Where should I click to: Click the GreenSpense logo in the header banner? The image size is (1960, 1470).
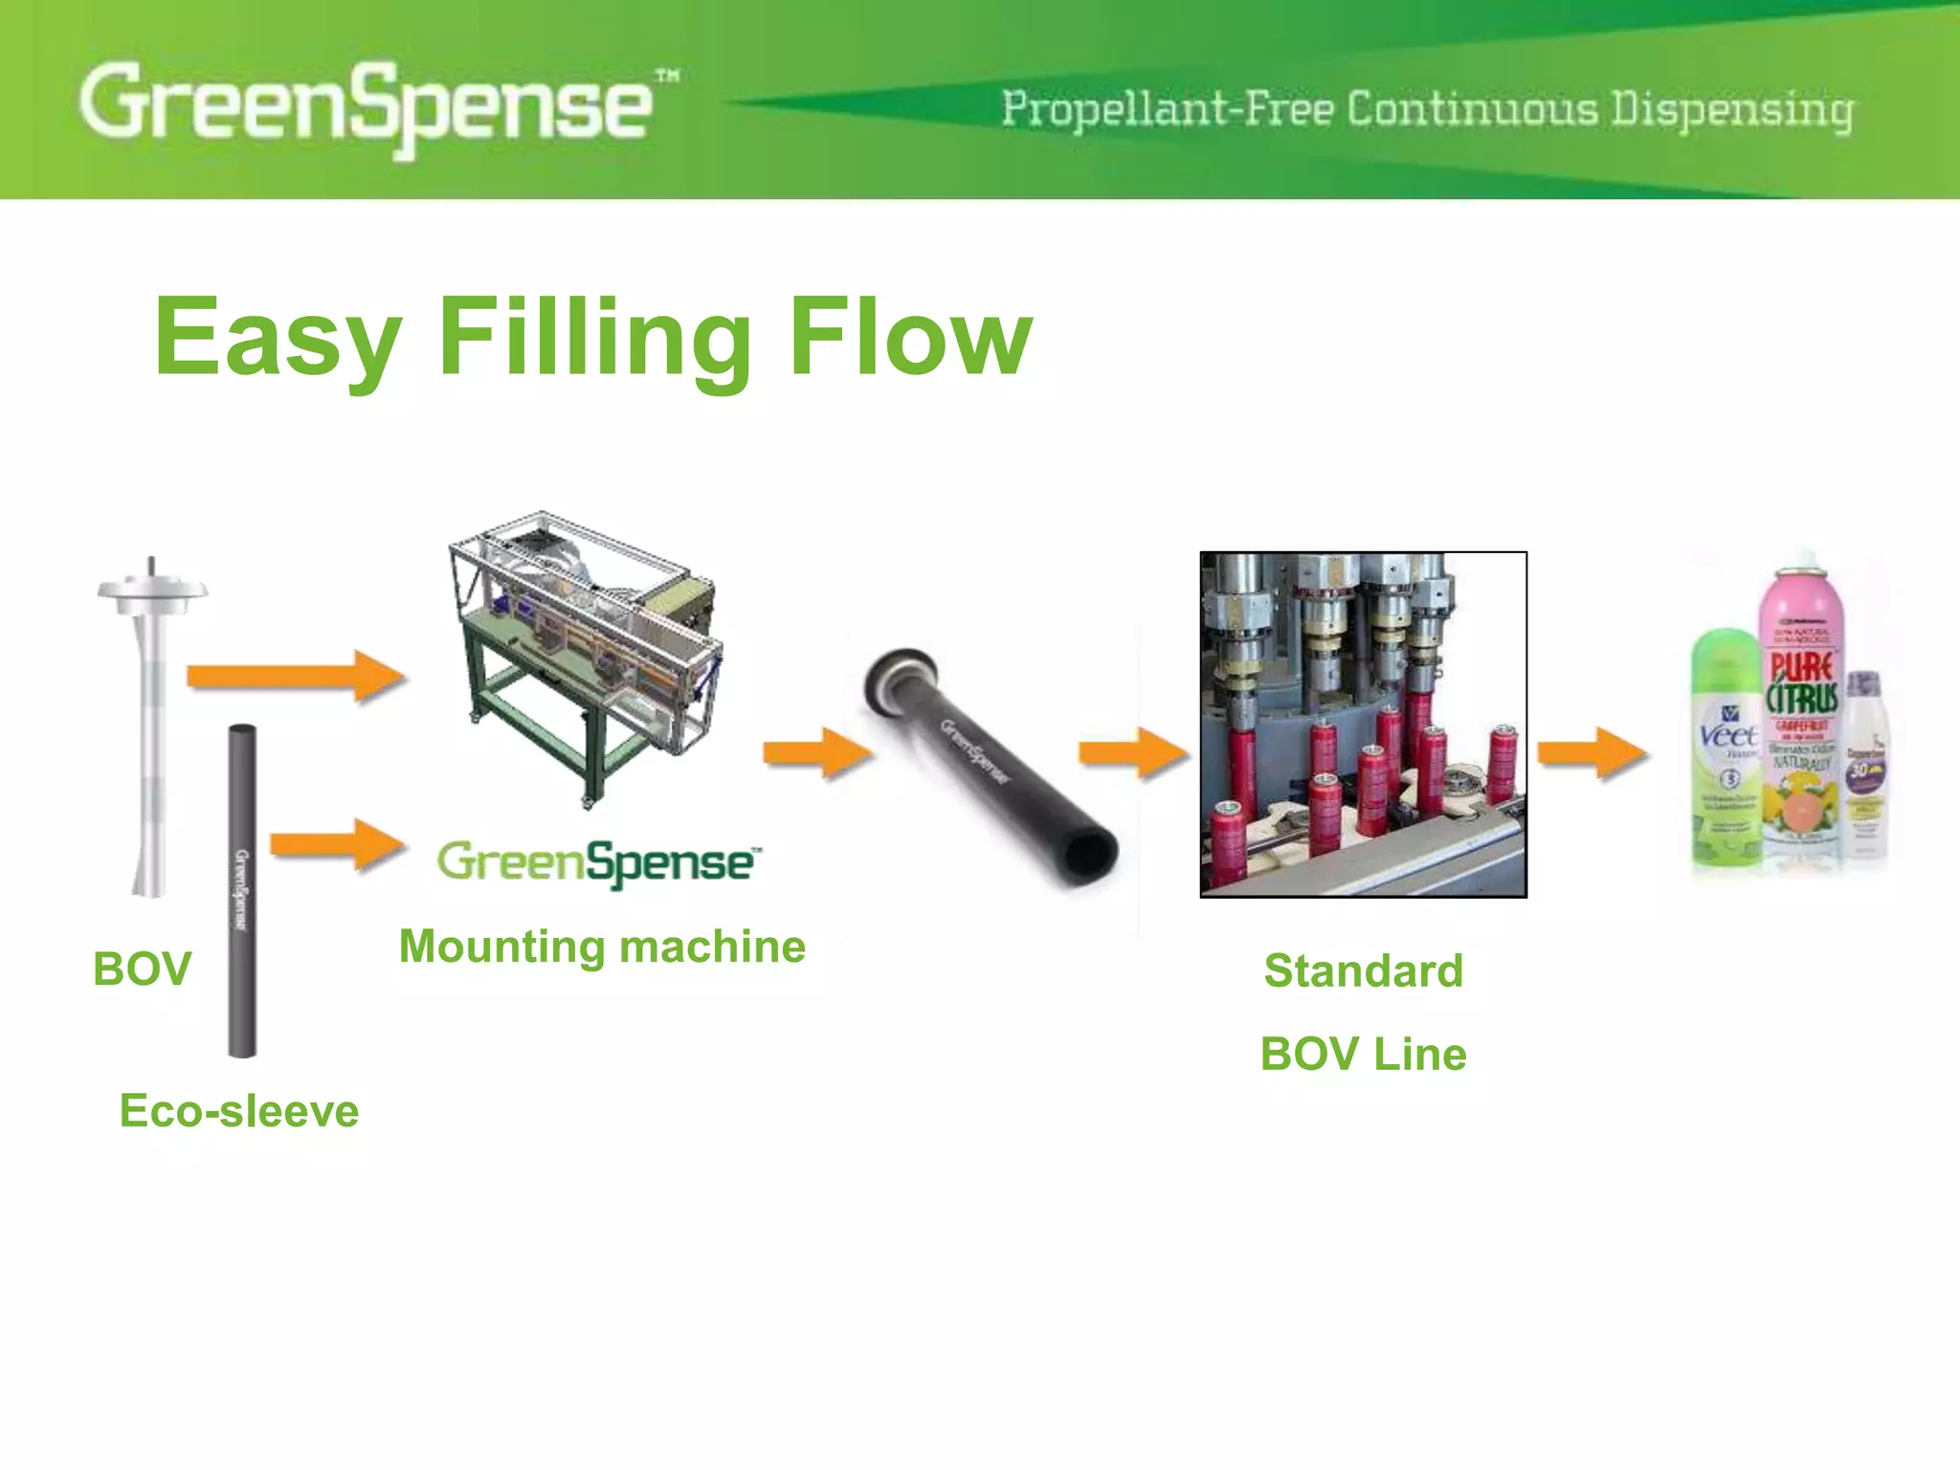pos(368,105)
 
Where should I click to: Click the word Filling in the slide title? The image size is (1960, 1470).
pos(593,338)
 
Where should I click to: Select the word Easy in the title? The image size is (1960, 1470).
pos(278,338)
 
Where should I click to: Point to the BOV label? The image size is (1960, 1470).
pos(142,969)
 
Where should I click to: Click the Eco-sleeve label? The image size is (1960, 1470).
pos(239,1111)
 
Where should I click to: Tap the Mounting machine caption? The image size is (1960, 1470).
pos(602,947)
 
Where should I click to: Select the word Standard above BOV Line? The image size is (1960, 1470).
pos(1363,970)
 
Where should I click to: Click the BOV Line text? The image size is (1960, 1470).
pos(1363,1054)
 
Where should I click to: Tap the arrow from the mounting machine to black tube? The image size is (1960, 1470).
pos(816,753)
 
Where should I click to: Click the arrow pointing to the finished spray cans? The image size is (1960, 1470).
pos(1591,753)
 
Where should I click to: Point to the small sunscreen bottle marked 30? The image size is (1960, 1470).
pos(1864,766)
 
